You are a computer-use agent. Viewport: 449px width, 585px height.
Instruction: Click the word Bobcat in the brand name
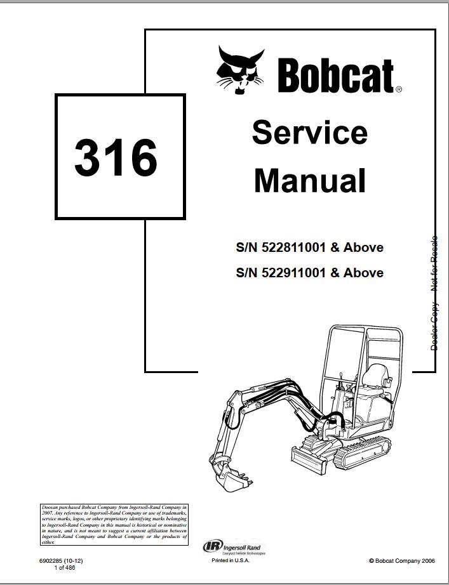point(335,76)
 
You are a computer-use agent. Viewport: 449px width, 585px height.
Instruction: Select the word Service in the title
point(309,133)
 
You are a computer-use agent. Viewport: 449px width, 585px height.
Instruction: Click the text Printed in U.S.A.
point(231,561)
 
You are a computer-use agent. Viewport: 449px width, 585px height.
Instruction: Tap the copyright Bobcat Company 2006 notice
point(401,561)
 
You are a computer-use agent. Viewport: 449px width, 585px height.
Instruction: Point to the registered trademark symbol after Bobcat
point(399,90)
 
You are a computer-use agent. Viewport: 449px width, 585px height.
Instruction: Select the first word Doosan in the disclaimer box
point(50,508)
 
